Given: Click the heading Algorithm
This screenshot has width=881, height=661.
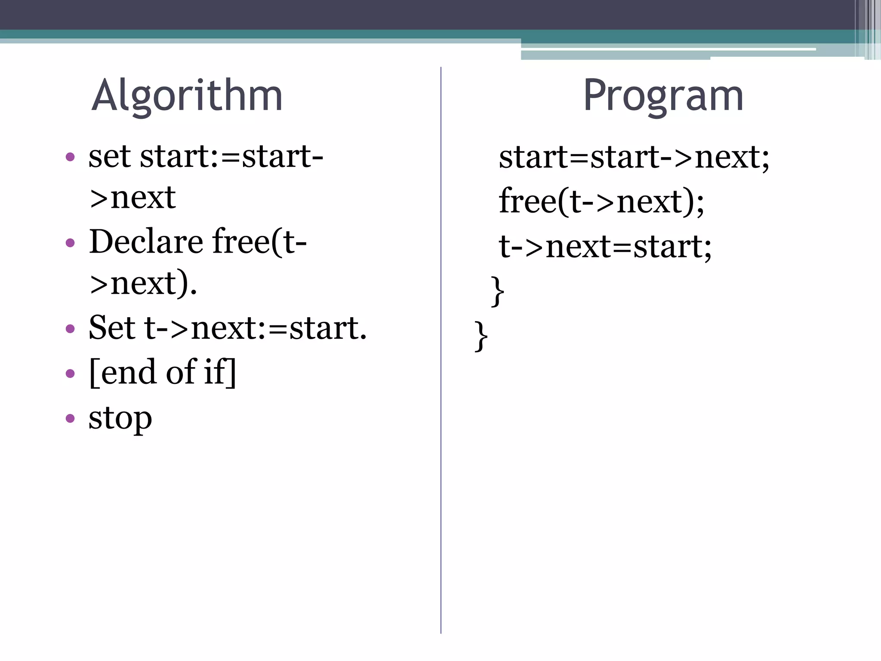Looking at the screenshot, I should (187, 96).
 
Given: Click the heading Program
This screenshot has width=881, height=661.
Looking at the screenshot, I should (663, 96).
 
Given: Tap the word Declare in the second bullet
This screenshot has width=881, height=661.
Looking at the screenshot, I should (146, 241).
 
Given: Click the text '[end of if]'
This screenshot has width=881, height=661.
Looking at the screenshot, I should (163, 372).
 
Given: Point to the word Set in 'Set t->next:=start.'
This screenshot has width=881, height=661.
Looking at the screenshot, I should (112, 328).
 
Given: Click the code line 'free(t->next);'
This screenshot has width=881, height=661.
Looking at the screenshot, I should (601, 201).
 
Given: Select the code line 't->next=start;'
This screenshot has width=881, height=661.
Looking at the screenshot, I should (605, 246).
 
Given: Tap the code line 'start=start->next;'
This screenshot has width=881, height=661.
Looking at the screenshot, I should (634, 157).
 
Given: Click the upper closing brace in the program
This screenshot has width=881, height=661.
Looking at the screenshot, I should (497, 291).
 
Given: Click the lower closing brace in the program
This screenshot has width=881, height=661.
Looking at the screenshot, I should (481, 336).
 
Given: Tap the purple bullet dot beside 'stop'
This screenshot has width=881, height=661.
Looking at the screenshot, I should (70, 418).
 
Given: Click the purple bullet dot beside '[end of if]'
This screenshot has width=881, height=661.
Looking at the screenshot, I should (70, 373).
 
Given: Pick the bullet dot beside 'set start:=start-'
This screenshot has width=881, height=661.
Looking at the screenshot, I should (70, 157).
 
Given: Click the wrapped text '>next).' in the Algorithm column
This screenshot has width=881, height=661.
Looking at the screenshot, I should (143, 284).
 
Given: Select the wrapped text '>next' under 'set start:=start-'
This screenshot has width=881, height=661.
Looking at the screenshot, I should (132, 198).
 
